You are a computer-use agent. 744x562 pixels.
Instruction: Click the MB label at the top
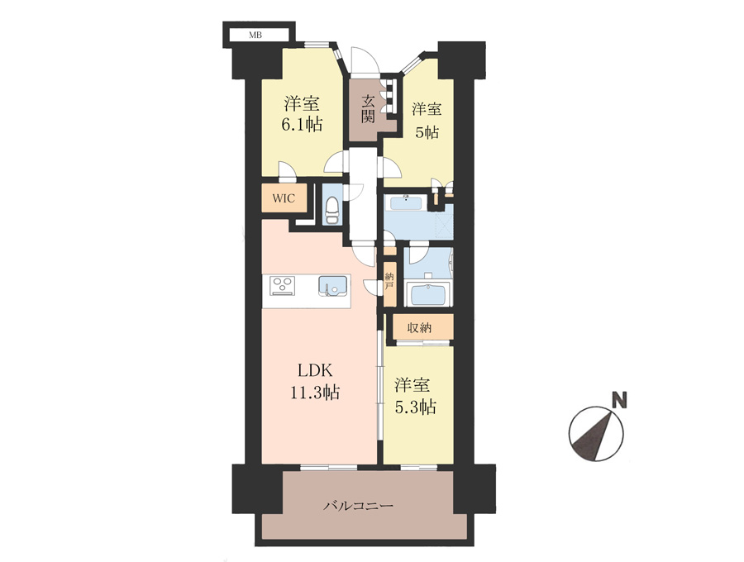click(255, 35)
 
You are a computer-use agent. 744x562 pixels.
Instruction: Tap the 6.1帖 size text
click(302, 124)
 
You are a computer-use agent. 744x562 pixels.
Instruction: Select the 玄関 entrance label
click(368, 109)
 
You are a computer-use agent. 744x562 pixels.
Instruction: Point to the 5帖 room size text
click(427, 132)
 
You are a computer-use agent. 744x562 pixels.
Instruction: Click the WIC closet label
click(284, 198)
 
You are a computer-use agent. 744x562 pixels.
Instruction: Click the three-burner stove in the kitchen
click(283, 286)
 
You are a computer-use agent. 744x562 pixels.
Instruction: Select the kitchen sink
click(333, 286)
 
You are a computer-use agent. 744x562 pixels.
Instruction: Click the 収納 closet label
click(419, 327)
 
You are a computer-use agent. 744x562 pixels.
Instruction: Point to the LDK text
click(316, 369)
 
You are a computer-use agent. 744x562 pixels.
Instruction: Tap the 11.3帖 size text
click(315, 393)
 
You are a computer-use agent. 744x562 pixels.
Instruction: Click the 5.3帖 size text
click(416, 407)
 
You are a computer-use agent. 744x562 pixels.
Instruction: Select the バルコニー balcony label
click(359, 506)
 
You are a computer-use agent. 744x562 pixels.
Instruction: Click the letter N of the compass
click(618, 399)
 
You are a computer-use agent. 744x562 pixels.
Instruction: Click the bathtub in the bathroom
click(429, 294)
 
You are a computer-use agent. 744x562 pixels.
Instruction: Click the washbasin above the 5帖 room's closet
click(405, 204)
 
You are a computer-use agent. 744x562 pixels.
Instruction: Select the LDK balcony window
click(329, 467)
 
